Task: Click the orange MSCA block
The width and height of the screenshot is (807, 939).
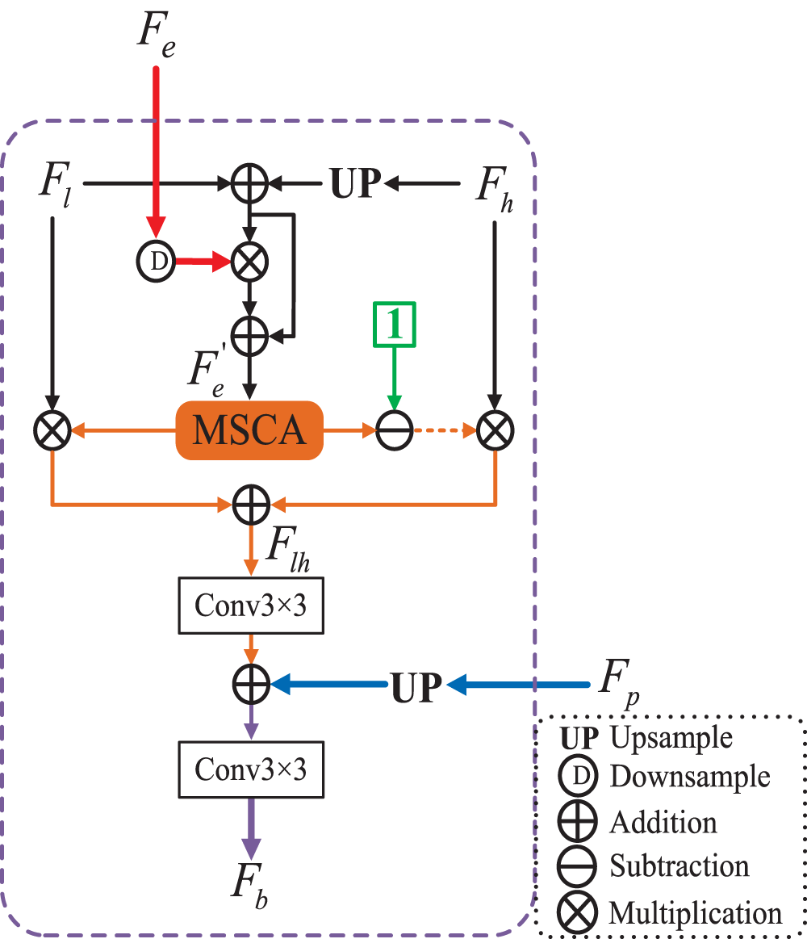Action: tap(249, 430)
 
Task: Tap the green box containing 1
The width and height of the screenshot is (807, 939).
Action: tap(394, 325)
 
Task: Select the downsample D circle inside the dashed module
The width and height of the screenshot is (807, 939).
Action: tap(157, 261)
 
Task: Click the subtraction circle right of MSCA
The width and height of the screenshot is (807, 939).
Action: tap(395, 430)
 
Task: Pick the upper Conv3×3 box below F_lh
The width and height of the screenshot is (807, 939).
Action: tap(251, 606)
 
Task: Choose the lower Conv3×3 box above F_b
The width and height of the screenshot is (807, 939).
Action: tap(251, 769)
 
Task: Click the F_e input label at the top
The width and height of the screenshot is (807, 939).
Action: tap(157, 35)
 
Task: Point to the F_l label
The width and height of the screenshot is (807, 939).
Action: tap(56, 184)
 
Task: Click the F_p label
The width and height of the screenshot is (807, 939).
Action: tap(620, 682)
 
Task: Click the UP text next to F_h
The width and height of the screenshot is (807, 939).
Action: tap(356, 183)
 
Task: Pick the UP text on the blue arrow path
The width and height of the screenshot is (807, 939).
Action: tap(416, 686)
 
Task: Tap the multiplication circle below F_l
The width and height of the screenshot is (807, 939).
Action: tap(52, 430)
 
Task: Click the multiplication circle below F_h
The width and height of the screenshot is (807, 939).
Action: tap(495, 430)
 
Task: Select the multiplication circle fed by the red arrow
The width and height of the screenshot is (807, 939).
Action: tap(249, 262)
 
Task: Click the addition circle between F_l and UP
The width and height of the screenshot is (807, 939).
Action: tap(249, 183)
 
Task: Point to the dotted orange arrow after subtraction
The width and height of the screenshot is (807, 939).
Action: tap(445, 430)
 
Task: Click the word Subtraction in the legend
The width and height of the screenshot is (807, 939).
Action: tap(679, 866)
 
